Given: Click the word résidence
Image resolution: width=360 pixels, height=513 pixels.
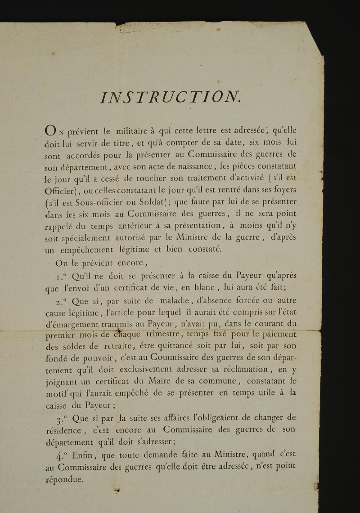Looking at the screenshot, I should coord(63,431).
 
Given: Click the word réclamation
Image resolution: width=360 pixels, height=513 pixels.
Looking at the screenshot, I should coord(243,369).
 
